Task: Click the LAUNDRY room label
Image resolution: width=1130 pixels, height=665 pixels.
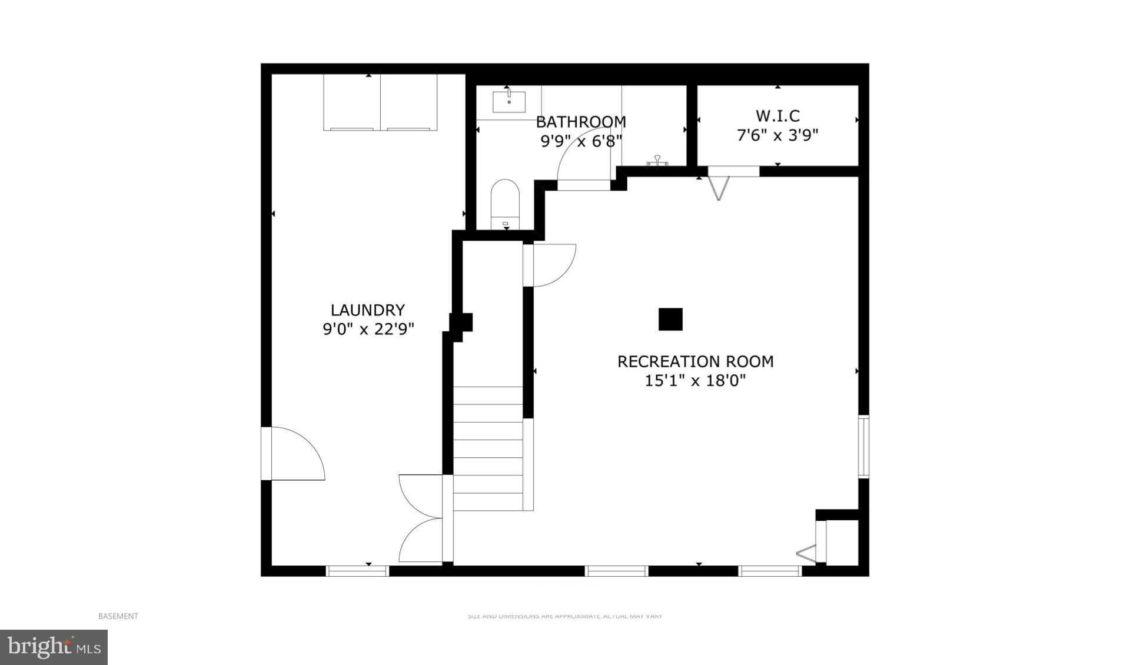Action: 368,310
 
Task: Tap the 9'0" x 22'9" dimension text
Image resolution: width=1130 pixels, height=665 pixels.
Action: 368,329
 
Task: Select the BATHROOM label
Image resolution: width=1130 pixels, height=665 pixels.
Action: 581,122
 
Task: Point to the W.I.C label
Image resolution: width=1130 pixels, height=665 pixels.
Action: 777,115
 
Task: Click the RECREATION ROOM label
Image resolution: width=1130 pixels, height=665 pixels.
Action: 695,361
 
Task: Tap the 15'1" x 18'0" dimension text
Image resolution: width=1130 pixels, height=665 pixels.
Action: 695,381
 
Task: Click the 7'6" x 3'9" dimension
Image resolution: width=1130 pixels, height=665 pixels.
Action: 777,135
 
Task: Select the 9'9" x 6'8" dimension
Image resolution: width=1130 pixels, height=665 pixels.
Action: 581,141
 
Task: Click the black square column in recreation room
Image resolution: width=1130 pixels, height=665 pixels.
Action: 670,319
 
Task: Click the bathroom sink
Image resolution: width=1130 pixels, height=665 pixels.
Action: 508,101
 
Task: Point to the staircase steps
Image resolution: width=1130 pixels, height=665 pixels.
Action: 488,448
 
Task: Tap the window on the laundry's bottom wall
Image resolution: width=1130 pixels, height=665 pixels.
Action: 357,571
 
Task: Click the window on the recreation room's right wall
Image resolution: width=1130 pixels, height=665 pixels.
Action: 863,445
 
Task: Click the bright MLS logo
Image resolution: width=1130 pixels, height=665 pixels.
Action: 54,647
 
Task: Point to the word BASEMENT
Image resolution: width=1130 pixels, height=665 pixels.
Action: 118,616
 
